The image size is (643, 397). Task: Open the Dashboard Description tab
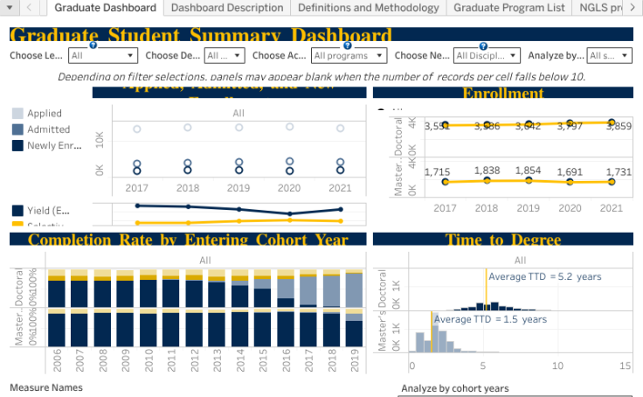click(x=227, y=8)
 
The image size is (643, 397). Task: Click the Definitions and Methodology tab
click(x=368, y=8)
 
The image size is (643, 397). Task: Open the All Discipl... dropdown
click(x=487, y=55)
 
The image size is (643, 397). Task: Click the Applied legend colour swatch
click(x=17, y=114)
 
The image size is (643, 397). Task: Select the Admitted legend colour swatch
click(x=17, y=129)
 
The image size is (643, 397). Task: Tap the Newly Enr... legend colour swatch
click(x=17, y=145)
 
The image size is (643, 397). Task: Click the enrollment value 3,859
click(x=619, y=126)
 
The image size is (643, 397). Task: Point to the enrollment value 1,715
click(x=437, y=172)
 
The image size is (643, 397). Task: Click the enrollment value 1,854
click(x=528, y=171)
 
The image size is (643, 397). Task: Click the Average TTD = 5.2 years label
click(x=544, y=276)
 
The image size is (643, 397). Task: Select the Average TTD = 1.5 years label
click(x=490, y=319)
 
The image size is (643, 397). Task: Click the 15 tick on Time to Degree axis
click(x=624, y=366)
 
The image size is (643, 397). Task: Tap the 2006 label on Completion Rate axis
click(x=57, y=364)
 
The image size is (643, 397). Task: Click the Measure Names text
click(x=45, y=387)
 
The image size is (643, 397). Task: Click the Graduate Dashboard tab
click(x=105, y=8)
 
